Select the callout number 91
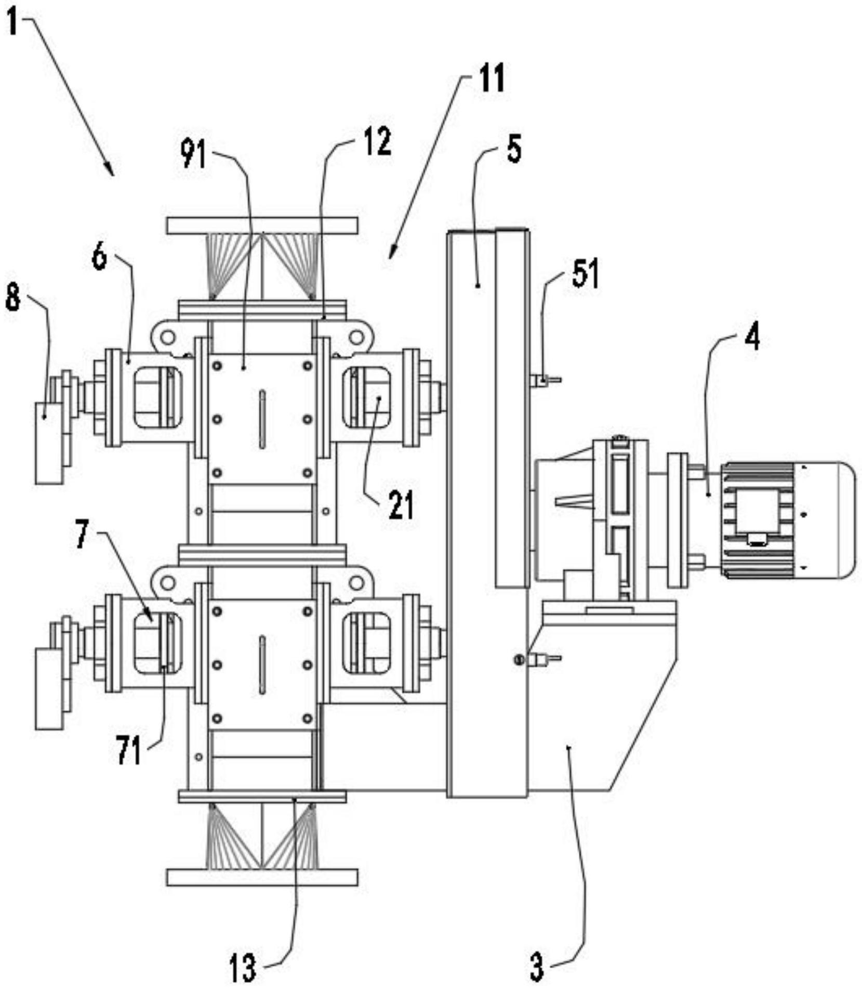[x=193, y=155]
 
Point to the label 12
[x=377, y=142]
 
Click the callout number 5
[x=513, y=149]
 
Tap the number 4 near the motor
[x=752, y=336]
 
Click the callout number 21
[x=401, y=505]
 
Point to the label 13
[x=243, y=968]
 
